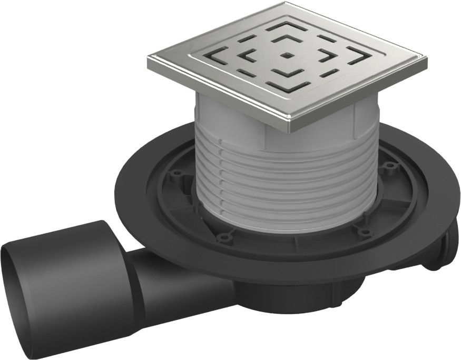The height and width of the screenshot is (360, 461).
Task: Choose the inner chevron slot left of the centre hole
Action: coord(249,54)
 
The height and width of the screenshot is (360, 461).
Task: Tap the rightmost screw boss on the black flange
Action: coord(389,167)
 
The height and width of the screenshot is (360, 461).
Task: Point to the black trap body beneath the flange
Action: coord(295,295)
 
